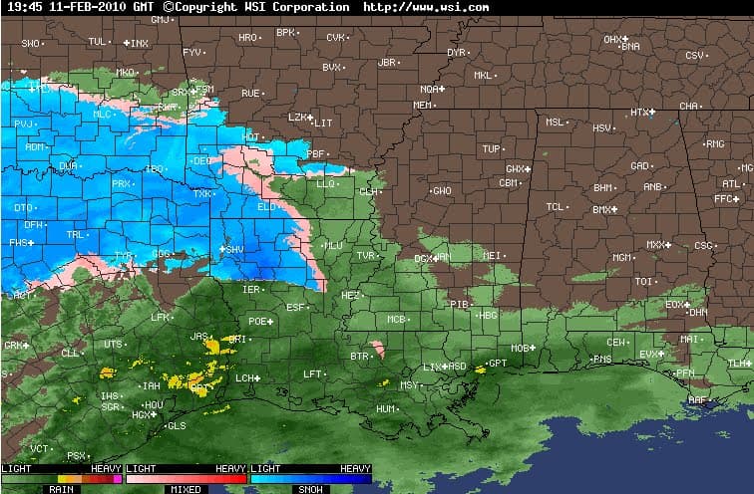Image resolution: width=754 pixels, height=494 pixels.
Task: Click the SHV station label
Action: coord(235,249)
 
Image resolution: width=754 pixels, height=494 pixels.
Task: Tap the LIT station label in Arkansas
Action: coord(323,123)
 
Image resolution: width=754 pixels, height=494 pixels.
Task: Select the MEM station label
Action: coord(423,105)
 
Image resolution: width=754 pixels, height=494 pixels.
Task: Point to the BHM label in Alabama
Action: coord(603,187)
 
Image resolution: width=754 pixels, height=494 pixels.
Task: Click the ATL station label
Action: coord(732,183)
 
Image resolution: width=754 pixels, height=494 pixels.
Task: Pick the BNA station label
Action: coord(630,46)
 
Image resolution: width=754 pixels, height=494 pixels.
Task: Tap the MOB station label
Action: coord(519,348)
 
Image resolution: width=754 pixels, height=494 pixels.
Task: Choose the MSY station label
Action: coord(409,384)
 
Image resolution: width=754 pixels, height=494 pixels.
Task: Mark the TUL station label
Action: coord(97,41)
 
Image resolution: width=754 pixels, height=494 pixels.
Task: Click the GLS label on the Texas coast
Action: coord(177,425)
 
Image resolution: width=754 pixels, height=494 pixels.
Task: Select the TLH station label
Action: coord(737,364)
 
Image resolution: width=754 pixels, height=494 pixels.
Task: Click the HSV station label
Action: coord(602,127)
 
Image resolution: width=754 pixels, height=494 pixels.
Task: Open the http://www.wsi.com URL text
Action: coord(426,7)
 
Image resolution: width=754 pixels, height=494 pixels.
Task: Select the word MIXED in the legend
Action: coord(186,489)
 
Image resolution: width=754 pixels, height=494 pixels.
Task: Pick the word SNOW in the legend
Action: coord(309,489)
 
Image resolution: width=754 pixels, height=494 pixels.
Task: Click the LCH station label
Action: coord(244,378)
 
